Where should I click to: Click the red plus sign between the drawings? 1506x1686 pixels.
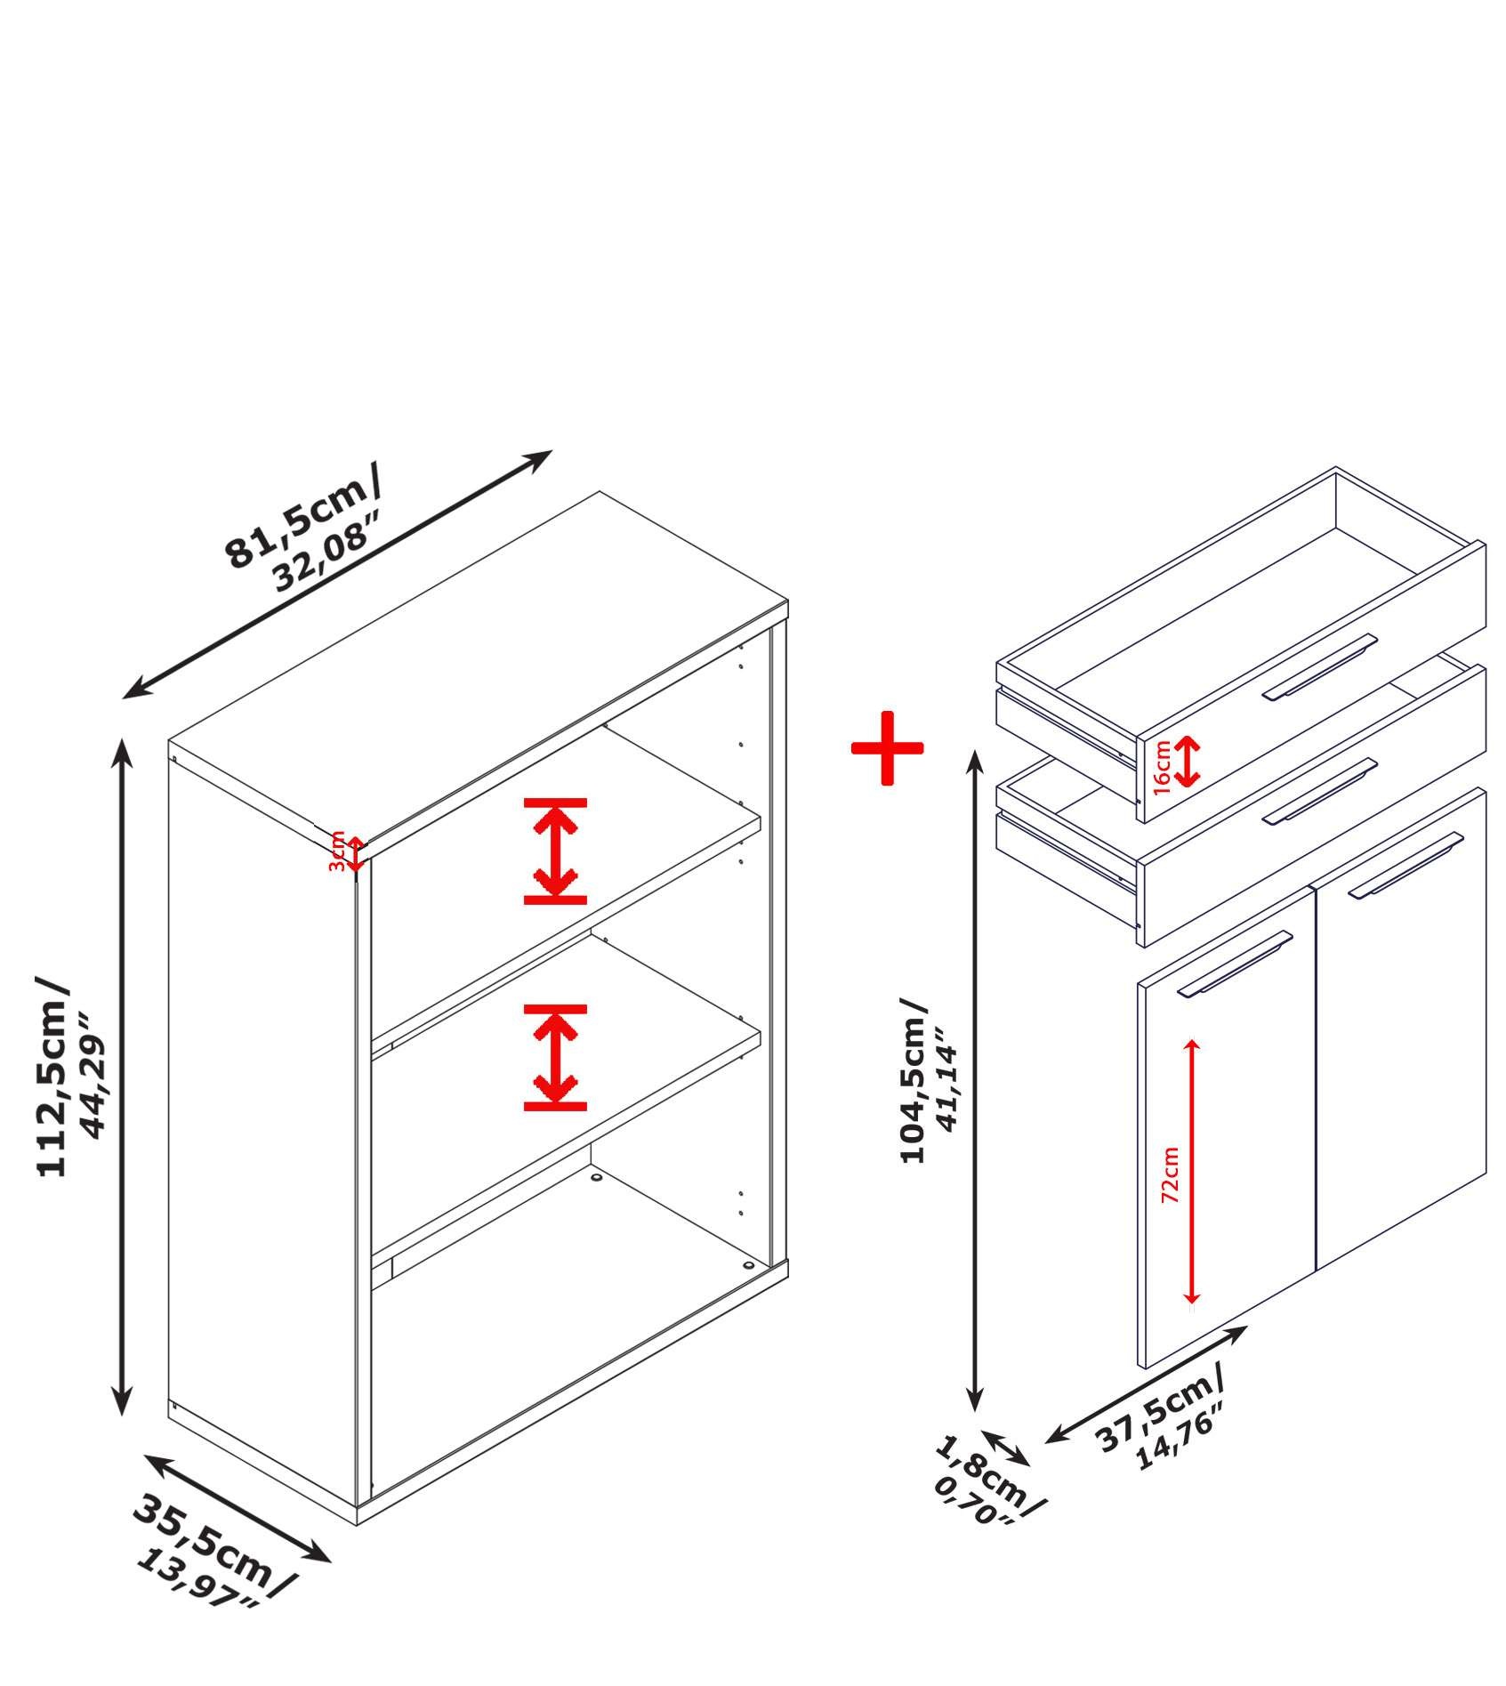pos(887,747)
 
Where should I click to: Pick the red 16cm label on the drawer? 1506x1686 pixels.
pos(1162,766)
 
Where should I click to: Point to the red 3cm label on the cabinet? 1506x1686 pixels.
pos(335,851)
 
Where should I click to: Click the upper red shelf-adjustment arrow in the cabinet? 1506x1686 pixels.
pos(555,851)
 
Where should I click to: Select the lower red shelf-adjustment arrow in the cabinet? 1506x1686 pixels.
pos(555,1058)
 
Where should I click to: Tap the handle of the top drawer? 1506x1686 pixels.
pos(1319,666)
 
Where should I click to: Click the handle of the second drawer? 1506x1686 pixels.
pos(1319,791)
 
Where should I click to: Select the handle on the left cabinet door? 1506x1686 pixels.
pos(1235,964)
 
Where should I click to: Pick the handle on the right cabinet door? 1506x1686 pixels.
pos(1405,865)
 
